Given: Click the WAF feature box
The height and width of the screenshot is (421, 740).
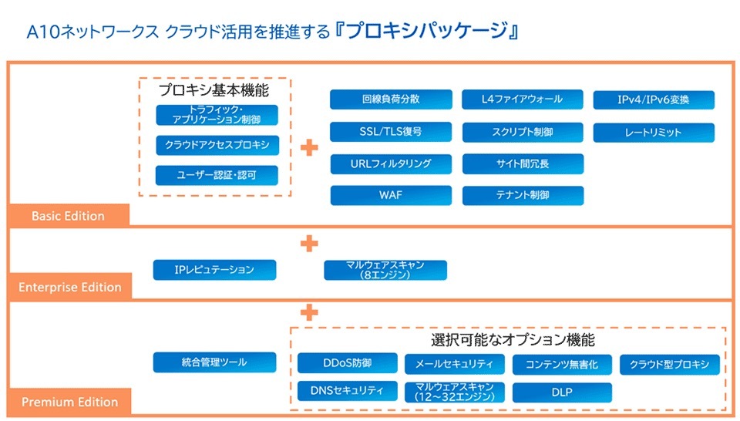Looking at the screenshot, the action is pos(391,195).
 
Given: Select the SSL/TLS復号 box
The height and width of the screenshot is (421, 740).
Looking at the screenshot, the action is pos(391,132).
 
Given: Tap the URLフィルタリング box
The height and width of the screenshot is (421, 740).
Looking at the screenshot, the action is pos(391,163).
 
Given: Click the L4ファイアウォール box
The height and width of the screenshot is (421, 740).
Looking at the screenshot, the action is pos(522,99).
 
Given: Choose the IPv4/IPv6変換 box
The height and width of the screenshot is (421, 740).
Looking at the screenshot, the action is pos(654,100).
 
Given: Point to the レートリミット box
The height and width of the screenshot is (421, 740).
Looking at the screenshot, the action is pos(654,133).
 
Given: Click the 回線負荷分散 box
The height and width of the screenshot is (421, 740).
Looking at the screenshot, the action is pos(391,99).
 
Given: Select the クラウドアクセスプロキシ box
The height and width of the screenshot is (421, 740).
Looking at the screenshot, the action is pos(217,146).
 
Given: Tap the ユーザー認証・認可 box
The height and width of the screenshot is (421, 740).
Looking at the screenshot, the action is pos(217,176).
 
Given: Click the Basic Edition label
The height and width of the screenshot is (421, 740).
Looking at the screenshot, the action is pos(69,215).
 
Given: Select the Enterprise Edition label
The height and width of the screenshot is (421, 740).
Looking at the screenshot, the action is pos(69,287).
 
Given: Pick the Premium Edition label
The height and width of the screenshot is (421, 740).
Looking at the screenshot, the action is pos(69,402).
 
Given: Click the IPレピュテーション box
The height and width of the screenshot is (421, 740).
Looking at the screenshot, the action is pos(215,270).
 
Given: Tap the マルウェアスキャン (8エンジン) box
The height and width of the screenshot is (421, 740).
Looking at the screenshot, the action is pos(385,270).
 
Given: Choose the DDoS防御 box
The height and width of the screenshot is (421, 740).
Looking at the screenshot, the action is pos(348,363).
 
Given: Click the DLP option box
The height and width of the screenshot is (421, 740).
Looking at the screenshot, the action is pos(562,392).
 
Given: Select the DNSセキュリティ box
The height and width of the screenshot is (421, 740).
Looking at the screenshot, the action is pos(348,391).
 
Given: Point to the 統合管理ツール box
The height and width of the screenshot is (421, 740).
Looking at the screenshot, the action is pos(215,362).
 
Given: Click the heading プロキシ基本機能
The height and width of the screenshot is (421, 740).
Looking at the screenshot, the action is pos(214,89).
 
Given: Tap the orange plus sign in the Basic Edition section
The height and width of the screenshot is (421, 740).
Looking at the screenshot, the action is pos(309,147).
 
